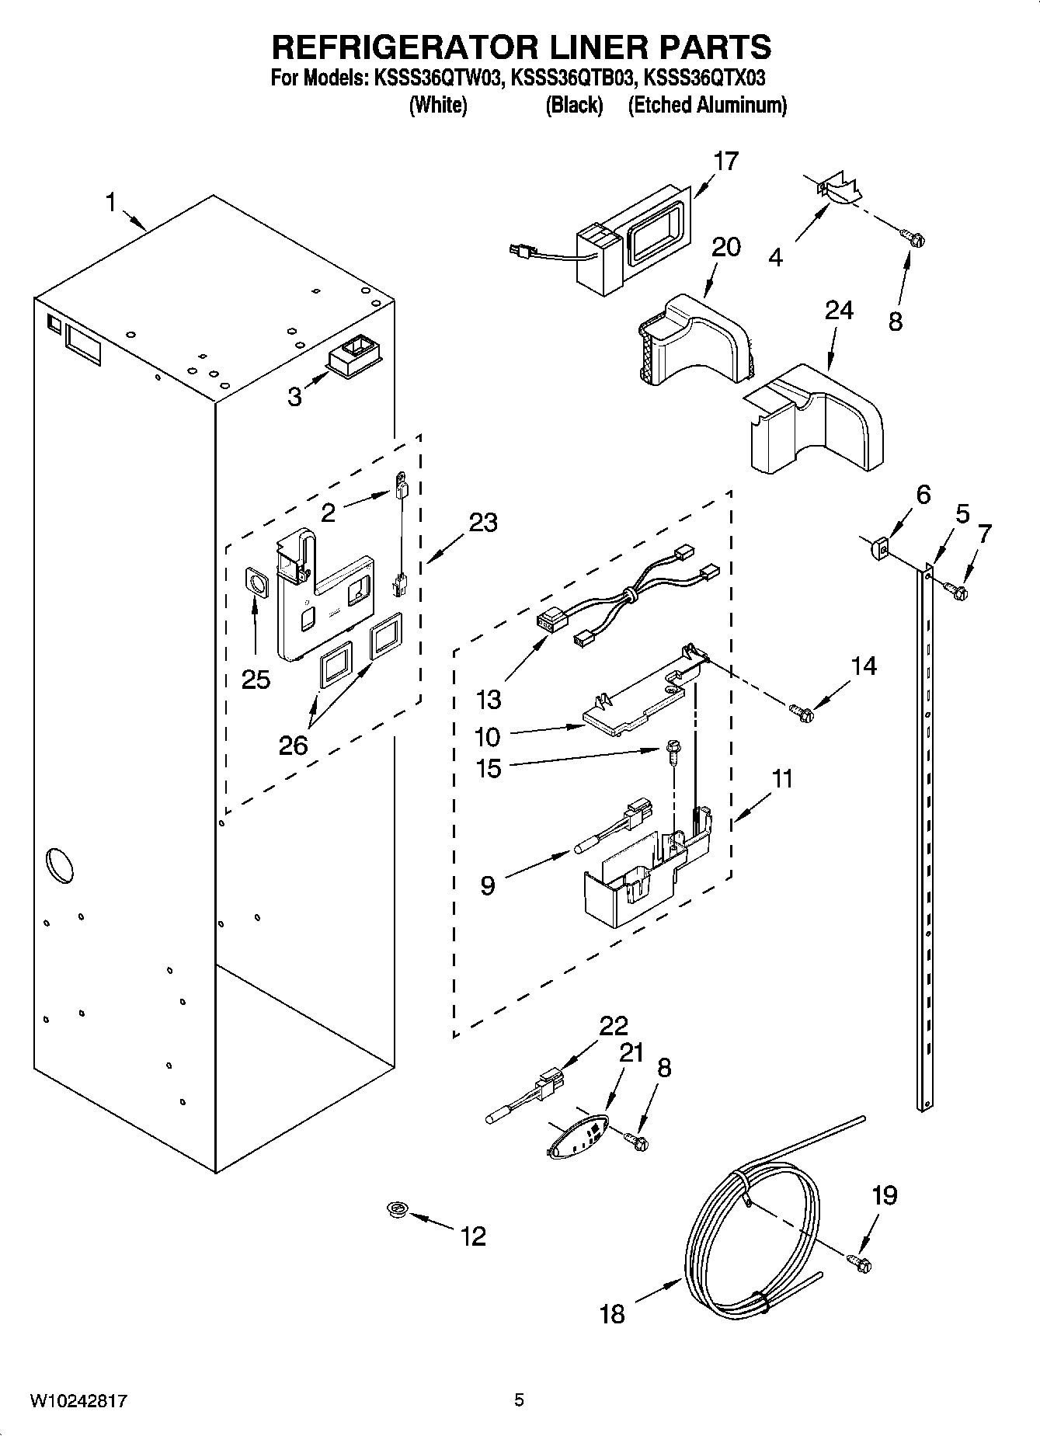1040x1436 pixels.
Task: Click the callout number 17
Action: point(725,162)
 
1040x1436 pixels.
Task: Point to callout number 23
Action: point(482,523)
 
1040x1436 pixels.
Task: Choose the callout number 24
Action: point(839,311)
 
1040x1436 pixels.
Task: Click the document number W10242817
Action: point(78,1401)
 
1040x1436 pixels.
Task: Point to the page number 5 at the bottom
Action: point(519,1400)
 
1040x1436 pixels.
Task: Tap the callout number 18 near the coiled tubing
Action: point(612,1314)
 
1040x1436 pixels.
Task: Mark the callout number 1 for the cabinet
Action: point(110,203)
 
